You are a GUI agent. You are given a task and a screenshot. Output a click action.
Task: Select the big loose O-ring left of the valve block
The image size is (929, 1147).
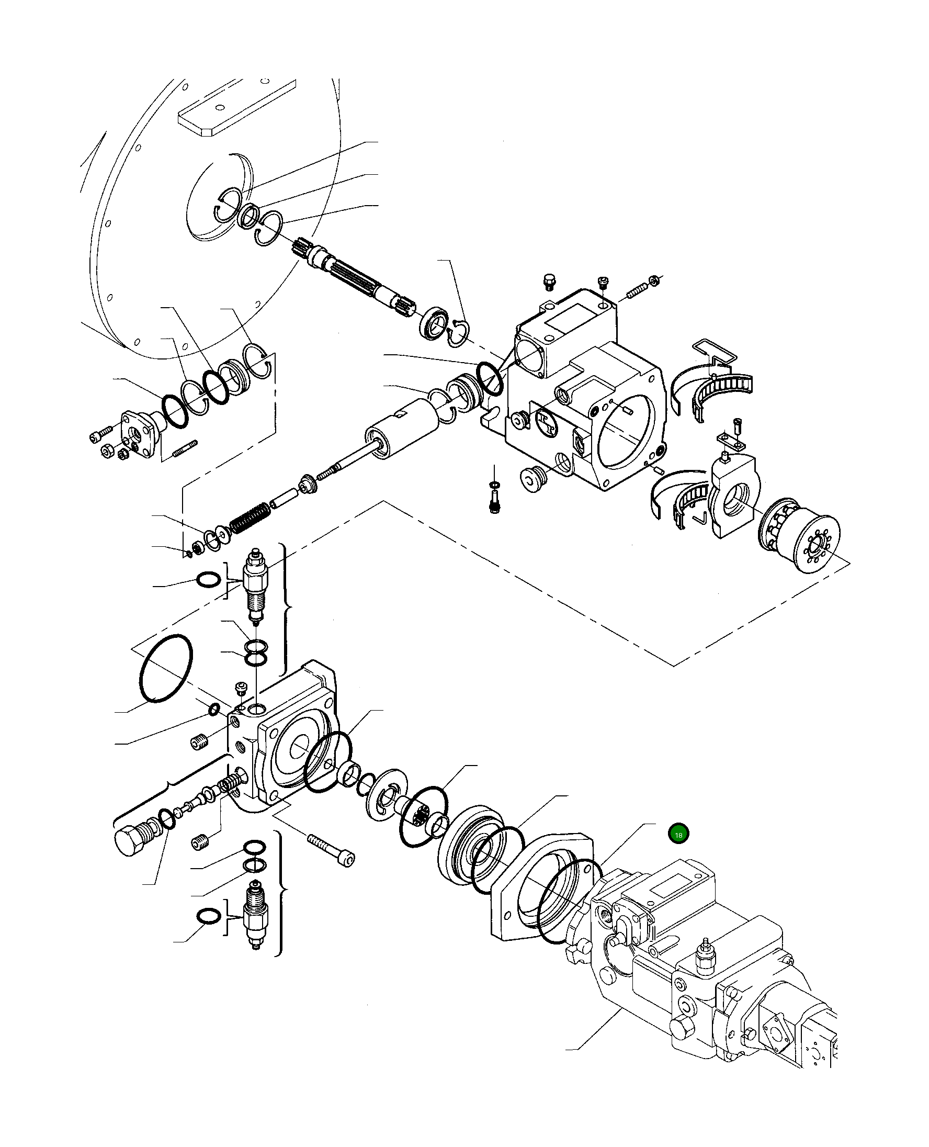coord(166,669)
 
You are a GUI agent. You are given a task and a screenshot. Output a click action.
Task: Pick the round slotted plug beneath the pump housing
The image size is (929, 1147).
coord(531,478)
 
